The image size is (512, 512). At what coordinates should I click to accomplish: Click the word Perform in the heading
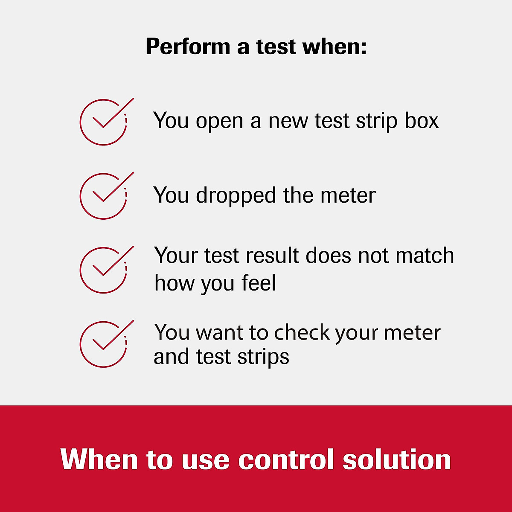[x=188, y=47]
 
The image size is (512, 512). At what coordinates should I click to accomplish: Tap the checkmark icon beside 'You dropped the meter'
[x=104, y=196]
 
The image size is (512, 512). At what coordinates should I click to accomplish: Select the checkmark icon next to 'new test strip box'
[x=104, y=122]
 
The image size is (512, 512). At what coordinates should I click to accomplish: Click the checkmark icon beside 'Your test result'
[x=104, y=270]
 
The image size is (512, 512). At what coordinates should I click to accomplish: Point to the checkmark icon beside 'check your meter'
[x=104, y=344]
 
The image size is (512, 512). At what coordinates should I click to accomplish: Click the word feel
[x=259, y=283]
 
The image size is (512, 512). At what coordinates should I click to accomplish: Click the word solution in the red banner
[x=397, y=460]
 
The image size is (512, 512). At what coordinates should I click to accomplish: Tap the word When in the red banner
[x=99, y=460]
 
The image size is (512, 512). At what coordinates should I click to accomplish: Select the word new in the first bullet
[x=288, y=121]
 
